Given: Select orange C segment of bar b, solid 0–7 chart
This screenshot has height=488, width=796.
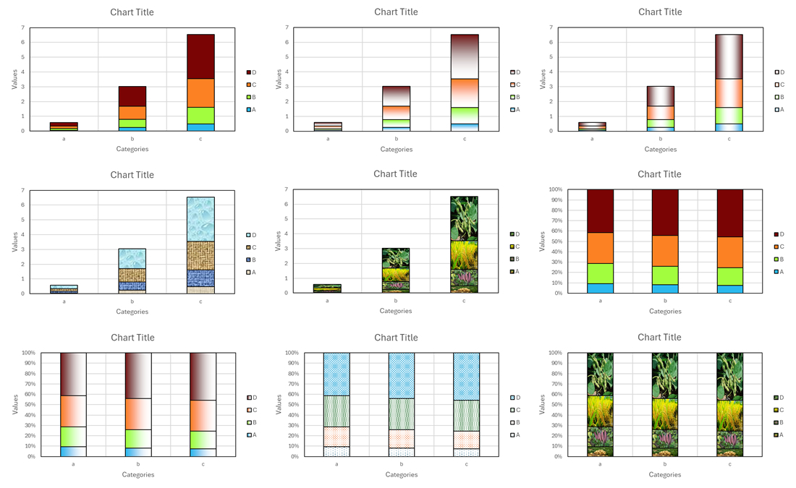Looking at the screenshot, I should tap(132, 112).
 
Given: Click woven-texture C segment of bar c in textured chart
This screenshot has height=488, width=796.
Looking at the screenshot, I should tap(200, 255).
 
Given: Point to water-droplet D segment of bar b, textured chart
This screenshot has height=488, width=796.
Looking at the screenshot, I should tap(132, 258).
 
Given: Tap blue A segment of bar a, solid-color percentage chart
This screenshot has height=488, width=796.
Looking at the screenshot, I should tap(600, 288).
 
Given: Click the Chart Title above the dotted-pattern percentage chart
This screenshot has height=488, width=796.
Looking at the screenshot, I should tap(396, 338).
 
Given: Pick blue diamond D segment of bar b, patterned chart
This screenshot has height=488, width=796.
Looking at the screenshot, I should tap(402, 375).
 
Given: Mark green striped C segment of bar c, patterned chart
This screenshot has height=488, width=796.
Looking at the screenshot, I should tap(467, 415).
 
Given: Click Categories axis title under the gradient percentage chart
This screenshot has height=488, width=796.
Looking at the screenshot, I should tap(137, 475).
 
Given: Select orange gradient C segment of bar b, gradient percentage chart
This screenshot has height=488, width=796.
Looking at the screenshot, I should tap(138, 414).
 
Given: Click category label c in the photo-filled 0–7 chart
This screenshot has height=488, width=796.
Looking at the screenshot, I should tap(465, 301).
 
